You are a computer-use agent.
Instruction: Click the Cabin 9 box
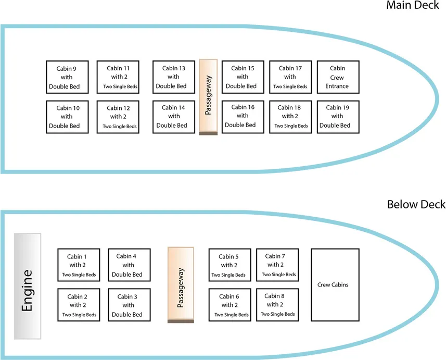pos(67,77)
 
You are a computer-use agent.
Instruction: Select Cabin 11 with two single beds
pos(118,77)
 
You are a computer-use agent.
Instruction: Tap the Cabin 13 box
pos(173,77)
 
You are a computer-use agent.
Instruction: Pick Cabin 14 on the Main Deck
pos(173,117)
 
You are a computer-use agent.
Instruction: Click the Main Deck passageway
pos(208,97)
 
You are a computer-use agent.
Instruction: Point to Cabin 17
pos(290,77)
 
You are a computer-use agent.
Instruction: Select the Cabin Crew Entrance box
pos(337,77)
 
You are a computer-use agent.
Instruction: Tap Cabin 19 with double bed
pos(337,117)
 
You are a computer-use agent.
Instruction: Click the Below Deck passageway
pos(181,285)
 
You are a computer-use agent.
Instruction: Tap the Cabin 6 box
pos(230,305)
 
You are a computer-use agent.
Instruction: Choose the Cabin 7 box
pos(277,265)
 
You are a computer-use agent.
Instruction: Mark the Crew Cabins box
pos(333,285)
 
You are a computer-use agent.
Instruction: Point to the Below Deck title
pos(416,204)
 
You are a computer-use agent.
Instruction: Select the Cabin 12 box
pos(118,117)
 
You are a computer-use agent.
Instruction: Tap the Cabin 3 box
pos(129,305)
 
